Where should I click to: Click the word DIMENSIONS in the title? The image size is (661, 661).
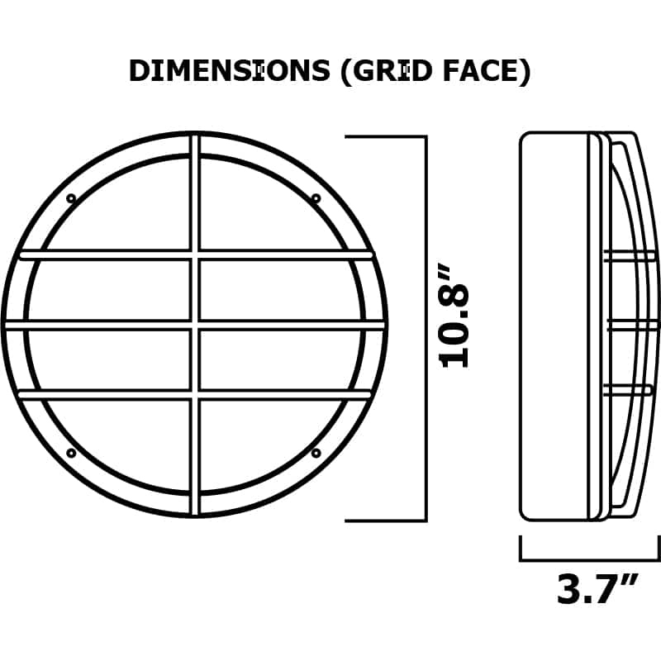pyautogui.click(x=229, y=72)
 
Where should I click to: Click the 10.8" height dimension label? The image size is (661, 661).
pyautogui.click(x=455, y=326)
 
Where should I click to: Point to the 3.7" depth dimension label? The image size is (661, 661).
pyautogui.click(x=597, y=589)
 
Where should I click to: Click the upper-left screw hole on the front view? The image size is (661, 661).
pyautogui.click(x=71, y=198)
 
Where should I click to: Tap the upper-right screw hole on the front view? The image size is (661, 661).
pyautogui.click(x=316, y=198)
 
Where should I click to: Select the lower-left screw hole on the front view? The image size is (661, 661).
pyautogui.click(x=71, y=453)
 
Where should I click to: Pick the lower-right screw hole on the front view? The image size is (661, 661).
pyautogui.click(x=316, y=453)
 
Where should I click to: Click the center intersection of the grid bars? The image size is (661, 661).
pyautogui.click(x=195, y=325)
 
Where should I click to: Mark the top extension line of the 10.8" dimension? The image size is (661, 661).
pyautogui.click(x=384, y=137)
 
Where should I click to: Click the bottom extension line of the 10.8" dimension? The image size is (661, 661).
pyautogui.click(x=384, y=521)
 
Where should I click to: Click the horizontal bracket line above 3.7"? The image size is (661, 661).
pyautogui.click(x=589, y=559)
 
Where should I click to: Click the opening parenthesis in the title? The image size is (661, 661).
pyautogui.click(x=346, y=72)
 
